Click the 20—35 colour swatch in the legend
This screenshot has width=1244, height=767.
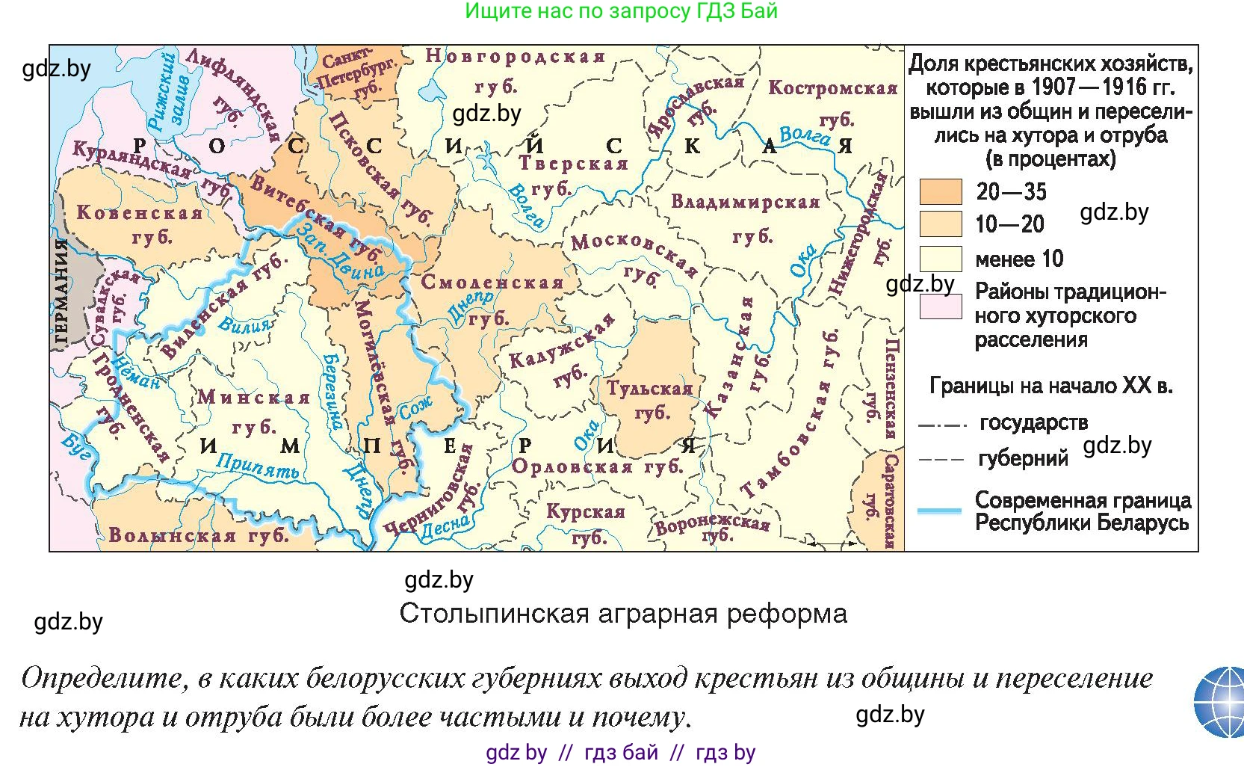[940, 191]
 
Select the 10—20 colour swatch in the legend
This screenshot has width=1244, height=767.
[940, 224]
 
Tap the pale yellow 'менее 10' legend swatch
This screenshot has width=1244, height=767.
[940, 259]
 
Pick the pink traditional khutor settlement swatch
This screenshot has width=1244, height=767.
[940, 307]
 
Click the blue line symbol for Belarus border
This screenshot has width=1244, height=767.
[939, 511]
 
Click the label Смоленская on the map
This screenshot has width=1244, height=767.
[492, 283]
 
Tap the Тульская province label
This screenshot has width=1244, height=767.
[649, 389]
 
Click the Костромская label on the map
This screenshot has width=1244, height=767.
[832, 88]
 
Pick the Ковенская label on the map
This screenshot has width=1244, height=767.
[140, 213]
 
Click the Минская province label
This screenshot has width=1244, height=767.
[254, 398]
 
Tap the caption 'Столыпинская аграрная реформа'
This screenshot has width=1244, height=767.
[623, 614]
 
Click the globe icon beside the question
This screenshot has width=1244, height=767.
[1220, 703]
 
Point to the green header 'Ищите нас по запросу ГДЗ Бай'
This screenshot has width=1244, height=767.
[622, 11]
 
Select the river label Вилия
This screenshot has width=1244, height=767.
[245, 324]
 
